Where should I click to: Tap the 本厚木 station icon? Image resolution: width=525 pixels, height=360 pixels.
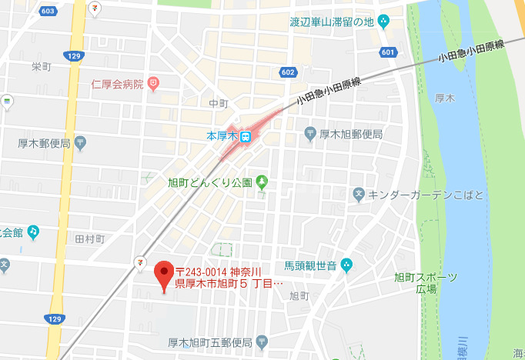pyautogui.click(x=246, y=136)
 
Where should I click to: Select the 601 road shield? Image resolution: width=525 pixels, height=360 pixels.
pyautogui.click(x=388, y=52)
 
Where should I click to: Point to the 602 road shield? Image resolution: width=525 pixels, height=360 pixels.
pyautogui.click(x=287, y=72)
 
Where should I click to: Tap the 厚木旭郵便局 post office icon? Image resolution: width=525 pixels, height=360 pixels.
pyautogui.click(x=310, y=133)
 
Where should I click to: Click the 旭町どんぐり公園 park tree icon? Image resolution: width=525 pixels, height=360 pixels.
pyautogui.click(x=262, y=182)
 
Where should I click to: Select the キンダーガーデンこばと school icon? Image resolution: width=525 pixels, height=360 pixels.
pyautogui.click(x=359, y=195)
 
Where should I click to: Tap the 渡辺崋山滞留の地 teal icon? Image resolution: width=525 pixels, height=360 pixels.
pyautogui.click(x=384, y=21)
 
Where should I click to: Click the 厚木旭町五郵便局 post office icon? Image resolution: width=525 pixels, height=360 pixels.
pyautogui.click(x=262, y=341)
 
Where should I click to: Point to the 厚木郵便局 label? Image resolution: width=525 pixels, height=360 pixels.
pyautogui.click(x=44, y=144)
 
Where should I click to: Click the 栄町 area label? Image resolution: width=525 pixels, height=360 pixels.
pyautogui.click(x=41, y=67)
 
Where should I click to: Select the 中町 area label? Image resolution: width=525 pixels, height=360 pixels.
pyautogui.click(x=219, y=103)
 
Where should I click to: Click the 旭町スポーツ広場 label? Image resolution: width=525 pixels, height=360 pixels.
pyautogui.click(x=426, y=282)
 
